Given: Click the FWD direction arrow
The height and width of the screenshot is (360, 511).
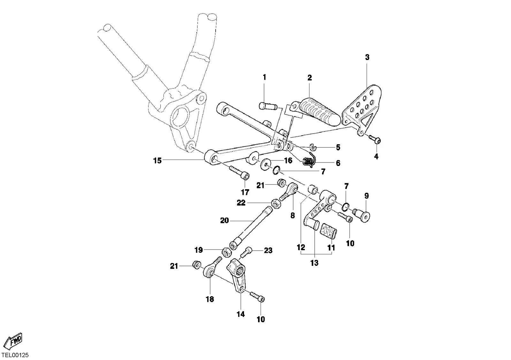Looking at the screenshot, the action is (13, 341).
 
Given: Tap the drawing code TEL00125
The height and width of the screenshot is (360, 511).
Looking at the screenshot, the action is (15, 355).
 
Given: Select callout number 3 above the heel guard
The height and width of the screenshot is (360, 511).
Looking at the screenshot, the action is (367, 57).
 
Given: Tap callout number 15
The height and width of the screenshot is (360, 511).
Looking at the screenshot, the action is (157, 161).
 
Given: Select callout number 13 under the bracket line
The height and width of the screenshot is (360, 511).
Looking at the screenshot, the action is (314, 263).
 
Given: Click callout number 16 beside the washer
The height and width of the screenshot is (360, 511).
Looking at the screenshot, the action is (288, 161).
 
